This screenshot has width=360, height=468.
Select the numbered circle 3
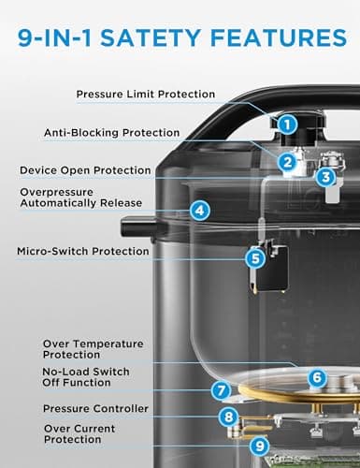tap(323, 176)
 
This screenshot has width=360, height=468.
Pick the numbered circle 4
tap(199, 212)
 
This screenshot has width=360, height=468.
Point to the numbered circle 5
tap(254, 257)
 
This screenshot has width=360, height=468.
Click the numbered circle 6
tap(317, 378)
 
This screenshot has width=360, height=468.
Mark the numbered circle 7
tap(221, 390)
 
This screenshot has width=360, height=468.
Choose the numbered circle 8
tap(227, 417)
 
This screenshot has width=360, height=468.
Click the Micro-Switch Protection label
tap(83, 251)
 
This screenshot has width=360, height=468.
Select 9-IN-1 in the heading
tap(59, 39)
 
